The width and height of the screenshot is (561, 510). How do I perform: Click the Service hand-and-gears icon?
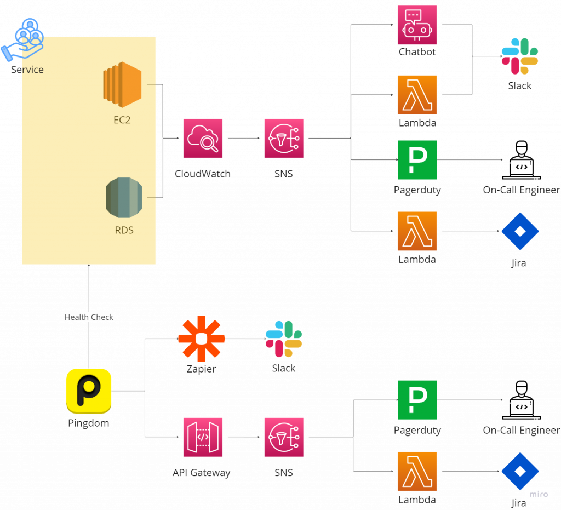coord(23,39)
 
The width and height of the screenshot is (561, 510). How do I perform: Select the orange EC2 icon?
coord(122,84)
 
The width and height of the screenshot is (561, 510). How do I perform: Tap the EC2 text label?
coord(122,119)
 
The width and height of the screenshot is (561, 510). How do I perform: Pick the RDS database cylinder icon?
coord(124,197)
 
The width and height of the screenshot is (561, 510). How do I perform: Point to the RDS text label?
coord(124,230)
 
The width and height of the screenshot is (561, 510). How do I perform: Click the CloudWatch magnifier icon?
coord(203,138)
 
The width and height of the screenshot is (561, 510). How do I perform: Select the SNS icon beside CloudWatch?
coord(283,138)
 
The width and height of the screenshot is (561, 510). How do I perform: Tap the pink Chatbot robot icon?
coord(417,25)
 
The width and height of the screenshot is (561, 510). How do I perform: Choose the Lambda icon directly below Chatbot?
coord(417,95)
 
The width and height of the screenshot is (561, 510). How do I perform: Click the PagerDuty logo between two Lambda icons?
coord(417,160)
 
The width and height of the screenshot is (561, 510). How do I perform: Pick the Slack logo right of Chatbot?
coord(519,56)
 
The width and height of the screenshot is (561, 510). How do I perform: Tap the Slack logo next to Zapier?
coord(283,339)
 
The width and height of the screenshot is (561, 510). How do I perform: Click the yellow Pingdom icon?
coord(89,391)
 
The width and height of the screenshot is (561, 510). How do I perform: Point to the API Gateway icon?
coord(203,437)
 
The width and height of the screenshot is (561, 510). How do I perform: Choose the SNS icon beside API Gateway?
coord(283,437)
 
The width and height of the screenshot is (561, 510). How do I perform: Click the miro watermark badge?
coord(539,494)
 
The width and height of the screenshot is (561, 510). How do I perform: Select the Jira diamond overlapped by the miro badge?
coord(519,470)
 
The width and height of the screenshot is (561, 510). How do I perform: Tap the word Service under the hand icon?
coord(27,70)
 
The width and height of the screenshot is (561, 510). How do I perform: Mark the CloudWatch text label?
coord(202,174)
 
